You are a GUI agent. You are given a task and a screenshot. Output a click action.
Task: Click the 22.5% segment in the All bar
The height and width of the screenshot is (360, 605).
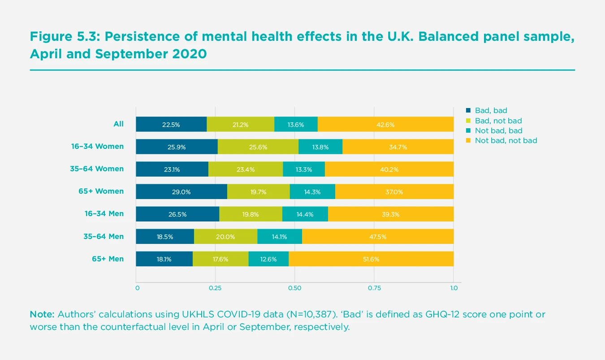(x=171, y=125)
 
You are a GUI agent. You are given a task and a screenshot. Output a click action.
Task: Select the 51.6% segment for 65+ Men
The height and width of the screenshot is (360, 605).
(x=371, y=259)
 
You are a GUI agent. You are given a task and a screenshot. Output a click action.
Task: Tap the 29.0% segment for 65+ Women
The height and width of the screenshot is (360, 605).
(x=181, y=192)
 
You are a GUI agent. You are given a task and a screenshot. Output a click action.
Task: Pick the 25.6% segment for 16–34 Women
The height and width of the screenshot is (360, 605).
(x=258, y=147)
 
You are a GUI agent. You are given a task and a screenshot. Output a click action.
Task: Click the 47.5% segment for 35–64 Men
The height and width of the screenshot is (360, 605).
(x=378, y=236)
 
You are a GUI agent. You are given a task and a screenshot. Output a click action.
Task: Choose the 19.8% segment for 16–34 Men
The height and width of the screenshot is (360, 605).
(x=251, y=214)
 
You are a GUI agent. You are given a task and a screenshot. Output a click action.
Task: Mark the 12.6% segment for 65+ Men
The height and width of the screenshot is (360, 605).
(x=268, y=259)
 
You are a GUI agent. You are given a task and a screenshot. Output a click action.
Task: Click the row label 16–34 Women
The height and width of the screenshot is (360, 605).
(x=97, y=146)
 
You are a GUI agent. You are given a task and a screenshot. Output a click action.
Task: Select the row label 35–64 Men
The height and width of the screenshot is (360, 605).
(x=104, y=236)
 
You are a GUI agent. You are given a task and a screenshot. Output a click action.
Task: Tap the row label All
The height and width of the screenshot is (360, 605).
(x=118, y=124)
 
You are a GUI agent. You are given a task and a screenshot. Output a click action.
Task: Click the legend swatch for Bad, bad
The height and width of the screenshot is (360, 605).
(x=469, y=110)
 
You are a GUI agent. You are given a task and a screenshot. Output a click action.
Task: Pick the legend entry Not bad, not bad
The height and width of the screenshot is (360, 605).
(x=506, y=140)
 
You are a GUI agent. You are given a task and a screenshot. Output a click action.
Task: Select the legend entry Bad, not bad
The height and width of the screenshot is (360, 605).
(x=498, y=121)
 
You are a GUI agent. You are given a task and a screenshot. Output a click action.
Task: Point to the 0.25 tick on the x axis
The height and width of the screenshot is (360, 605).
(x=216, y=288)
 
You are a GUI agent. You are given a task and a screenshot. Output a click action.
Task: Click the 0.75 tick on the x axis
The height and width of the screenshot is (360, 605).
(x=374, y=288)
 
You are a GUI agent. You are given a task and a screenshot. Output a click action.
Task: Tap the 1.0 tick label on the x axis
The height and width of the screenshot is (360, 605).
(x=454, y=288)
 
